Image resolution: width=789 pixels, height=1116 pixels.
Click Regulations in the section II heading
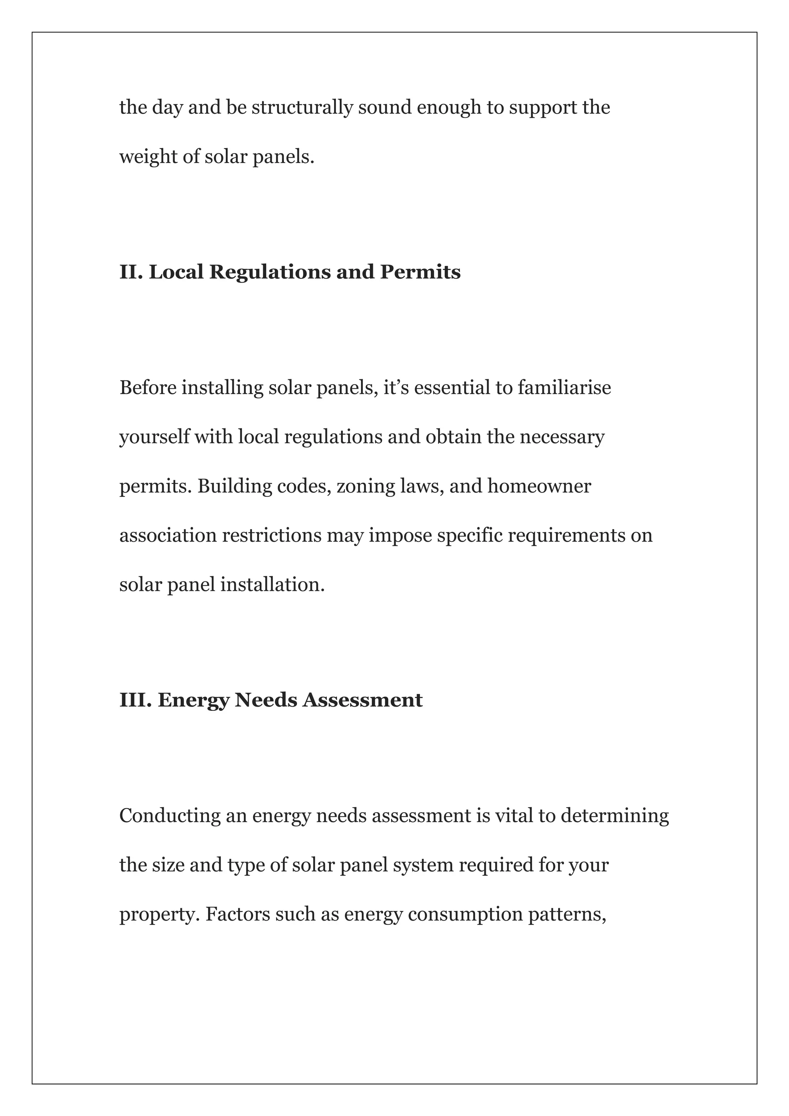click(270, 272)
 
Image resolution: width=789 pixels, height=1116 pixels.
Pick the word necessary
click(562, 437)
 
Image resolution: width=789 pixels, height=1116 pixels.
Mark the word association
click(168, 535)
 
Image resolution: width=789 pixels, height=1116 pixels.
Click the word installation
click(272, 585)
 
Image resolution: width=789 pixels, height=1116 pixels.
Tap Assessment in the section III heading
click(363, 700)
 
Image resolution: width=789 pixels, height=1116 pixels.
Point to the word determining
click(614, 816)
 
